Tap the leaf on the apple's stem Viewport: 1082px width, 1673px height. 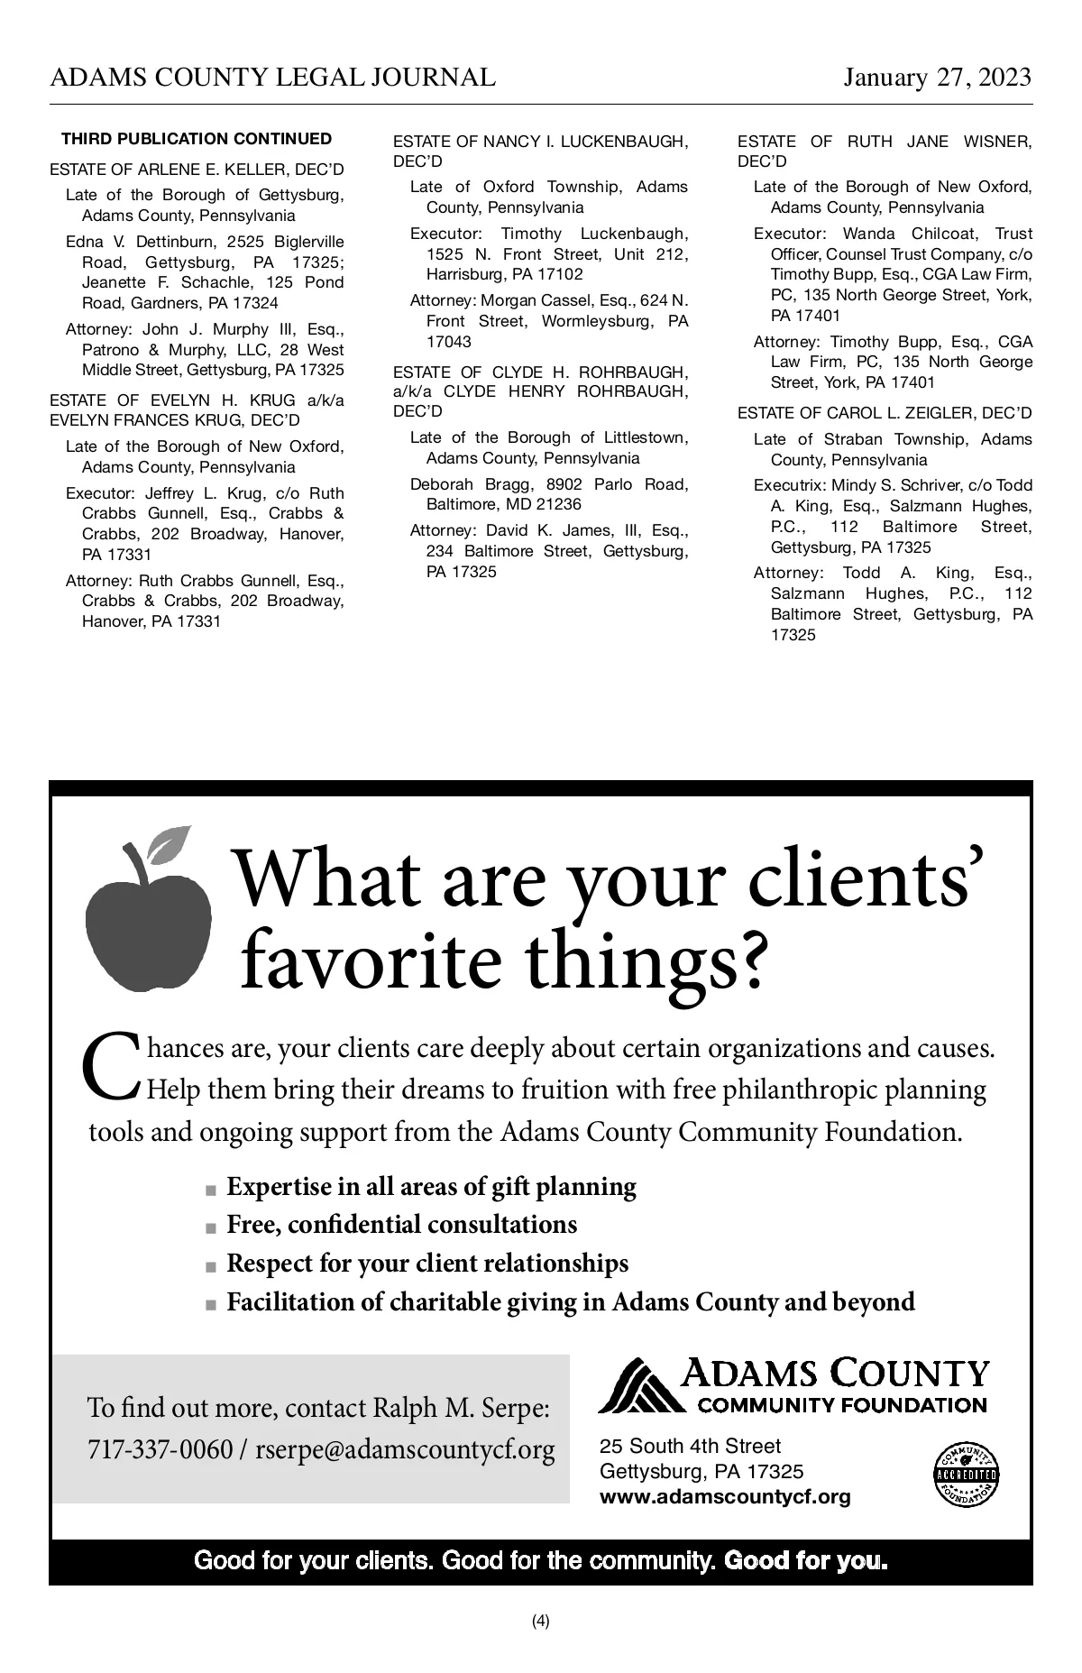[170, 844]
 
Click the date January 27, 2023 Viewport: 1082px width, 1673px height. [937, 78]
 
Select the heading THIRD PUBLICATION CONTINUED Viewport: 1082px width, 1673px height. [197, 139]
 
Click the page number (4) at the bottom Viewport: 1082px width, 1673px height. [540, 1621]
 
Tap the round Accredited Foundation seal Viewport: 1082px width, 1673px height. [966, 1475]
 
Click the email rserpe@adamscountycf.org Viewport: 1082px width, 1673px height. [405, 1450]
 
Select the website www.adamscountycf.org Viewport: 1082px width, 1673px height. [725, 1497]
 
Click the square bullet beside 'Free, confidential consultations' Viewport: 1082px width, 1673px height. [211, 1227]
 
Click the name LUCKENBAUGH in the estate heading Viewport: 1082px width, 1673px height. [634, 142]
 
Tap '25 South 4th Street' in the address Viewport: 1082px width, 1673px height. [690, 1447]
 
